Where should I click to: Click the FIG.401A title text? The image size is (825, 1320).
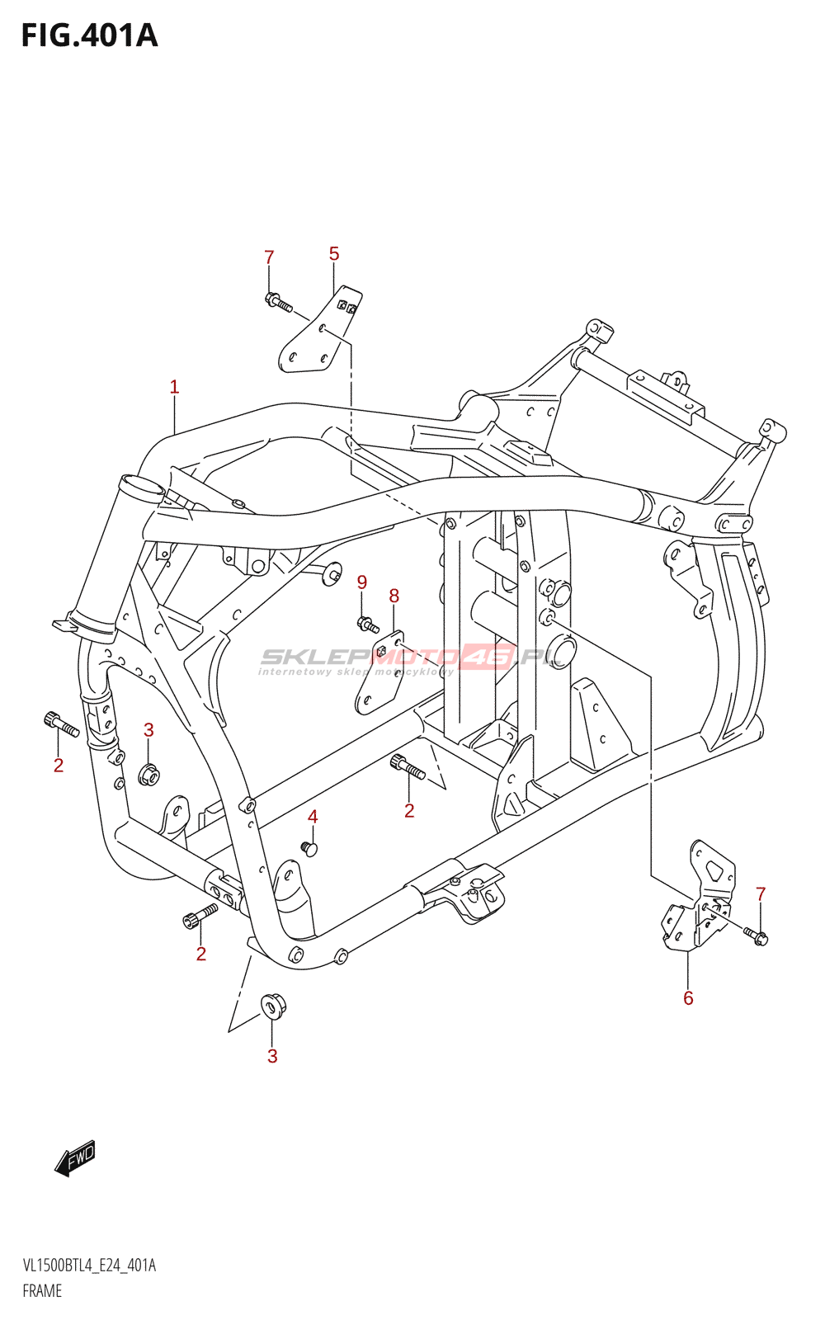[x=90, y=36]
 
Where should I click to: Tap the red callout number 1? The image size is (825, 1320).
[x=174, y=387]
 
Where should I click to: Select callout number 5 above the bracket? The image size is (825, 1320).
[x=334, y=254]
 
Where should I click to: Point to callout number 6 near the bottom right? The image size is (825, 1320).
[x=688, y=998]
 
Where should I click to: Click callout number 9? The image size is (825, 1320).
[x=362, y=582]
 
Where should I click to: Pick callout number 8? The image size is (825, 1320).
[x=394, y=596]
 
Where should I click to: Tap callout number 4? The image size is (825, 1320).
[x=313, y=817]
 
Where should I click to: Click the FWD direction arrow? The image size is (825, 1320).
[x=75, y=1158]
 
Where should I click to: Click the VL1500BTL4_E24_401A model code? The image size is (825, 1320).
[x=89, y=1266]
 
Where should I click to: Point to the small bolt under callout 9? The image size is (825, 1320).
[x=367, y=624]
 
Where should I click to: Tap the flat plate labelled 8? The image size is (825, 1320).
[x=380, y=672]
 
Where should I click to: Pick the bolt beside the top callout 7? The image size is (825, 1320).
[x=279, y=302]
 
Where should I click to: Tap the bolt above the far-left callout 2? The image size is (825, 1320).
[x=61, y=724]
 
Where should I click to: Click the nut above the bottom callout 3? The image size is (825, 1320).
[x=273, y=1005]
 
